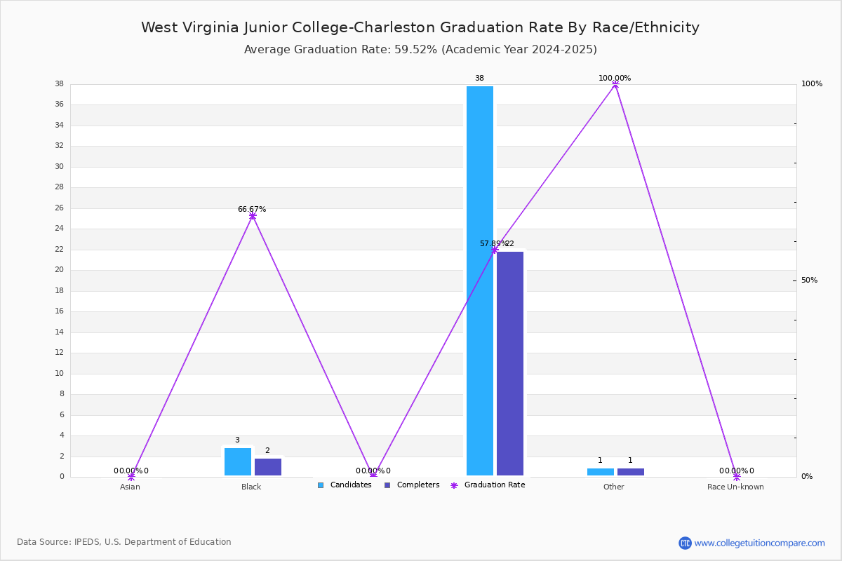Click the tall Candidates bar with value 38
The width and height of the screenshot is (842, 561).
tap(480, 280)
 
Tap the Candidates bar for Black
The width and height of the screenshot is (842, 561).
tap(238, 462)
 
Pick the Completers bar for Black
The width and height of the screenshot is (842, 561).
tap(268, 467)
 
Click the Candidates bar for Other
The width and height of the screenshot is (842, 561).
tap(601, 472)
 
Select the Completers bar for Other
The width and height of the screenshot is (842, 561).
tap(631, 472)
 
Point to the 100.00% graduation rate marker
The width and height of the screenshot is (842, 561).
tap(615, 85)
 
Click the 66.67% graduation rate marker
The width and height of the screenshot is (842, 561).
tap(253, 216)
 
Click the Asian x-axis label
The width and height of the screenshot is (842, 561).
tap(130, 487)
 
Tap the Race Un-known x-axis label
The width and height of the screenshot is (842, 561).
tap(735, 487)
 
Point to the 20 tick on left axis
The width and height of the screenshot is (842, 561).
tap(60, 270)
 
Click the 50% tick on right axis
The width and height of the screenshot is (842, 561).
tap(809, 280)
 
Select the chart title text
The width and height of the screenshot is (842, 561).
tap(420, 27)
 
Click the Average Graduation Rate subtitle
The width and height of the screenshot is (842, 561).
tap(420, 50)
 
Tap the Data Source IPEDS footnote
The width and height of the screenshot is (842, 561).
tap(124, 542)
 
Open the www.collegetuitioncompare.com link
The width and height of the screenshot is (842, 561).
tap(759, 543)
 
